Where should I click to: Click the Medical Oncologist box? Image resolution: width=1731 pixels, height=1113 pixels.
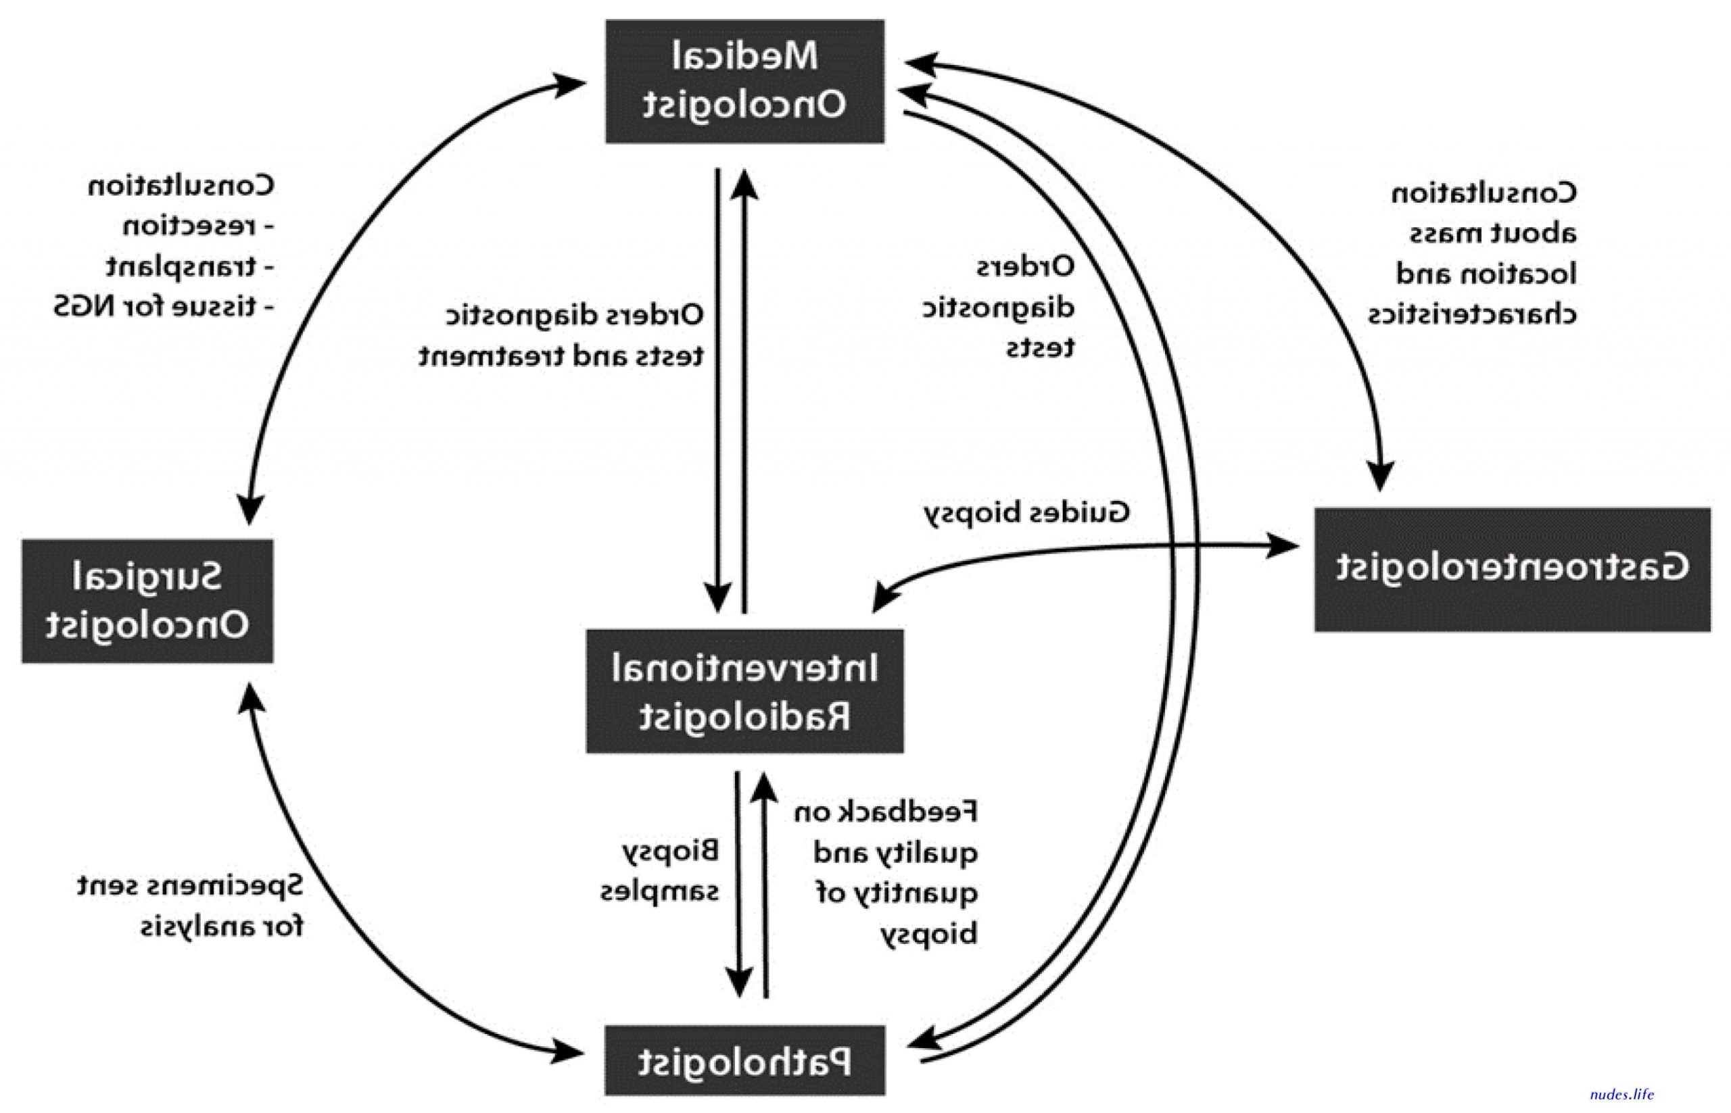(x=744, y=81)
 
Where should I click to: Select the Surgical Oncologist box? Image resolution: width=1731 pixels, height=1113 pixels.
(x=147, y=601)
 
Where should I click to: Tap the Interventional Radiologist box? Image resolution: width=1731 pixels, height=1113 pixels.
(x=744, y=691)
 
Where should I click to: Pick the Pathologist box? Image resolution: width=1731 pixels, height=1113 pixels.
(x=744, y=1060)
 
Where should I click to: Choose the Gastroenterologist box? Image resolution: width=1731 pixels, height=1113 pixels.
(x=1513, y=570)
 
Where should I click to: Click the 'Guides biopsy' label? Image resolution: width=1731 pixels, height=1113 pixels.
(x=1026, y=514)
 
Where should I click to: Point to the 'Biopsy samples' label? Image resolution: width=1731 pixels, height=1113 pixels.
(x=659, y=871)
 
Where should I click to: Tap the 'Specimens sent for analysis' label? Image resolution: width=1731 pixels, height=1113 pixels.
(x=190, y=906)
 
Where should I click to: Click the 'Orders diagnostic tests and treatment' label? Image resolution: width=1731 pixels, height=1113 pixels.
(x=561, y=335)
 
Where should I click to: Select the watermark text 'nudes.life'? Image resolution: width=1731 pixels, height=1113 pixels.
(x=1622, y=1094)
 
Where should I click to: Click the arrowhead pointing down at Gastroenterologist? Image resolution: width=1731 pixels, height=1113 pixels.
(x=1380, y=475)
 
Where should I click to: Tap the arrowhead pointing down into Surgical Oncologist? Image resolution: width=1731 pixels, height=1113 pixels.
(x=250, y=509)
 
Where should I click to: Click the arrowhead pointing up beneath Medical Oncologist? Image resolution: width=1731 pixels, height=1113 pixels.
(x=744, y=184)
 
